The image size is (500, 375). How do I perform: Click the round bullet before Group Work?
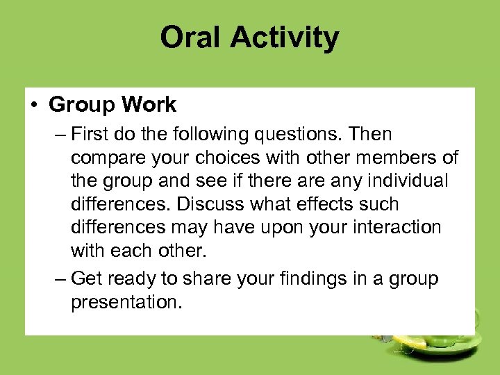[34, 106]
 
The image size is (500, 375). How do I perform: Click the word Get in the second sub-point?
[86, 279]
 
